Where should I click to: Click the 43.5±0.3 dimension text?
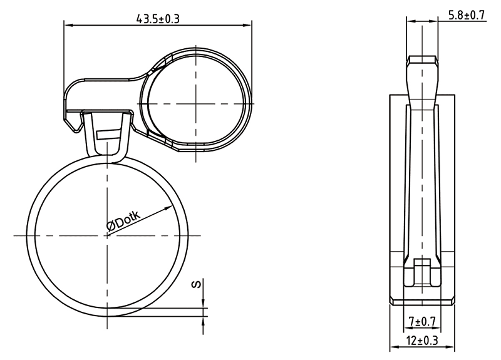click(158, 19)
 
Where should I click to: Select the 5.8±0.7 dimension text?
click(467, 15)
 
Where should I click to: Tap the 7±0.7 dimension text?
click(422, 321)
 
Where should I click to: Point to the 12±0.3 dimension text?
click(422, 341)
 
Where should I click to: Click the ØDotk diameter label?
click(123, 220)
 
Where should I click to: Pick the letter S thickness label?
click(197, 284)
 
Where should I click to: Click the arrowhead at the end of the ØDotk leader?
click(168, 208)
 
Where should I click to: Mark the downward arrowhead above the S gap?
click(203, 304)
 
